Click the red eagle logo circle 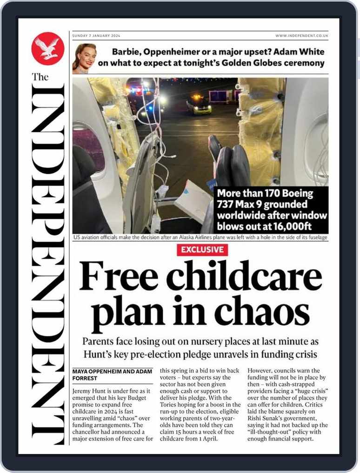point(48,49)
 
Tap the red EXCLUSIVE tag point(202,250)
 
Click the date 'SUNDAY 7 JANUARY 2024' point(96,36)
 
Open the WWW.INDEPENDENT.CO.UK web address point(301,36)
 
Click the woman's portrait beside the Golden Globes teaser point(84,59)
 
